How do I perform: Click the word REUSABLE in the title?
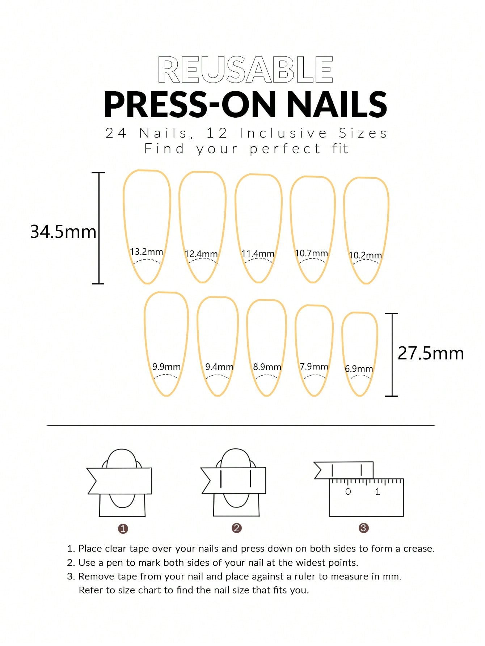pos(245,69)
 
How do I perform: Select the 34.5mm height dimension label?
pos(63,232)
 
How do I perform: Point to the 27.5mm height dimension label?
pos(431,353)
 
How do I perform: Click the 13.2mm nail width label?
pos(147,252)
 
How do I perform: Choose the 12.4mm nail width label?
pos(201,254)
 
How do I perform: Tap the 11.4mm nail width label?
pos(258,254)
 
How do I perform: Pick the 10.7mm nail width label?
pos(311,253)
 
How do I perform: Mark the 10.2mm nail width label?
pos(365,255)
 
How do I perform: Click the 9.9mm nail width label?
pos(166,367)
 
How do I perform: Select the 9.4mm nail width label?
pos(219,367)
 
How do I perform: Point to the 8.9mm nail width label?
pos(267,367)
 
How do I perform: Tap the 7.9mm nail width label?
pos(314,366)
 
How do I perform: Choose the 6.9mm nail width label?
pos(359,369)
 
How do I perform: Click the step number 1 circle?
pos(123,529)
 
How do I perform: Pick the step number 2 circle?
pos(236,528)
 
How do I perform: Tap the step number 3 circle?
pos(363,528)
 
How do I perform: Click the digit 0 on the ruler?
pos(348,491)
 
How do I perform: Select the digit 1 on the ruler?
pos(378,491)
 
